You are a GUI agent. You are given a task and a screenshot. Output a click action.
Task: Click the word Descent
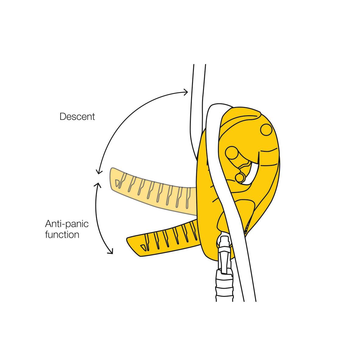77,117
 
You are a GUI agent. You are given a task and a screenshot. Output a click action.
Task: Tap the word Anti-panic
67,224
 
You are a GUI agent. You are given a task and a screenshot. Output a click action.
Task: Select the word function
62,235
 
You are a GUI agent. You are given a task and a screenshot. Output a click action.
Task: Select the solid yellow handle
165,238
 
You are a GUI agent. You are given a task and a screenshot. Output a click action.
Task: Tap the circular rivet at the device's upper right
266,129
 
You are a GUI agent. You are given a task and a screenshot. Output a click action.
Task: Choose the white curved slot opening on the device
254,171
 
